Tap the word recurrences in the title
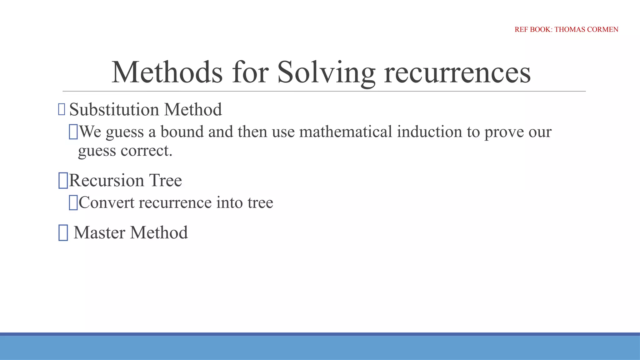pyautogui.click(x=457, y=72)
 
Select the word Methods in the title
pyautogui.click(x=167, y=72)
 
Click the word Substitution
pyautogui.click(x=114, y=110)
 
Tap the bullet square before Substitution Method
pyautogui.click(x=62, y=110)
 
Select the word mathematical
pyautogui.click(x=346, y=132)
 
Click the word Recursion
pyautogui.click(x=106, y=180)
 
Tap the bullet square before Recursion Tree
pyautogui.click(x=63, y=181)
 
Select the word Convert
pyautogui.click(x=107, y=202)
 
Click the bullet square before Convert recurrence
pyautogui.click(x=73, y=202)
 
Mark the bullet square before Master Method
pyautogui.click(x=63, y=233)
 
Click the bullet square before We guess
pyautogui.click(x=73, y=132)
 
